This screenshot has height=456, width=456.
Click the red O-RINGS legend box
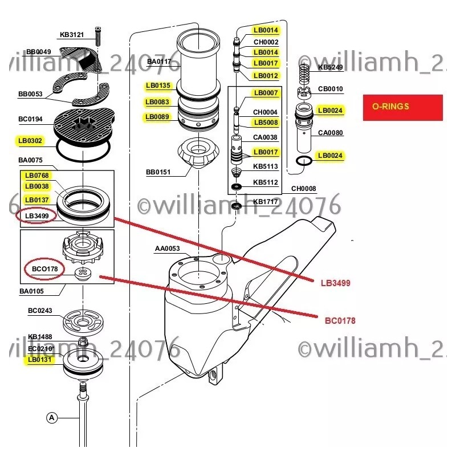coord(402,107)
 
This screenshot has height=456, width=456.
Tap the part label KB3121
coord(72,35)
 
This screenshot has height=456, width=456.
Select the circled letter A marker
coord(52,418)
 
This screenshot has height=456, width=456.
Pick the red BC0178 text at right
coord(340,321)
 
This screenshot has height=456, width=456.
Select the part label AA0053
coord(167,249)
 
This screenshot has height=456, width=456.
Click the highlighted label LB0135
coord(158,86)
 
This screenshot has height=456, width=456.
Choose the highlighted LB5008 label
coord(266,123)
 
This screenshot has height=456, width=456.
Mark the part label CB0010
coord(330,89)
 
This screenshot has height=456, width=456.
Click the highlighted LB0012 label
coord(266,75)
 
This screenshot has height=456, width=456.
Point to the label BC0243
coord(40,311)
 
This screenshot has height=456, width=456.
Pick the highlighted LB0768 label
coord(36,175)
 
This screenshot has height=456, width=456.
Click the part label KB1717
coord(265,201)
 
